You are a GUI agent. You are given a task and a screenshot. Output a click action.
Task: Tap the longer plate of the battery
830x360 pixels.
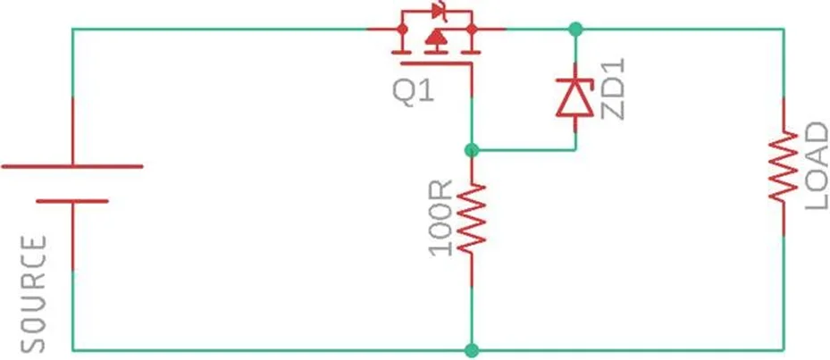[x=72, y=166]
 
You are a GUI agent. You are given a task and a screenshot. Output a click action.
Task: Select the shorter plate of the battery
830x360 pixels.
[x=72, y=201]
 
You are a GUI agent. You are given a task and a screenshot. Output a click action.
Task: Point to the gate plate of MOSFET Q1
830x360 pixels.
[x=436, y=64]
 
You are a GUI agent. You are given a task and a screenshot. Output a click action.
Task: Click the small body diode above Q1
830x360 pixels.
[x=439, y=10]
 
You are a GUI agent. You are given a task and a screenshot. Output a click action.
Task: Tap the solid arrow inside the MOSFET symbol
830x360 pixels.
[x=436, y=37]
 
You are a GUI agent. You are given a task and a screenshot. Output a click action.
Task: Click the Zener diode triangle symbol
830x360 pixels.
[x=575, y=98]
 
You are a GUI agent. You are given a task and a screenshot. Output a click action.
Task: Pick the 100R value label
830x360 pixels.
[x=441, y=218]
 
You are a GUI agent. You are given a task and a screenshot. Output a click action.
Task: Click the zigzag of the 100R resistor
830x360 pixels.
[x=472, y=219]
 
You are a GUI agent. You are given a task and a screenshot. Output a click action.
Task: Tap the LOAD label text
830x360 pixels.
[x=816, y=165]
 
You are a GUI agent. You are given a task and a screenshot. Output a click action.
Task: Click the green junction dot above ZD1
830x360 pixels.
[x=575, y=29]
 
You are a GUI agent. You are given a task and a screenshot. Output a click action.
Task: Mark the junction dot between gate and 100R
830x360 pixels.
[x=472, y=150]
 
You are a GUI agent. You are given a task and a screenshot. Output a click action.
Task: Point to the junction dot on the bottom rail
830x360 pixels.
[x=472, y=350]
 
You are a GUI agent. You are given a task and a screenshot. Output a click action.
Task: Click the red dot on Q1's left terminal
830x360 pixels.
[x=402, y=29]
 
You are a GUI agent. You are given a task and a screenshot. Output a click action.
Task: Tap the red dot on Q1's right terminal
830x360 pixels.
[x=472, y=29]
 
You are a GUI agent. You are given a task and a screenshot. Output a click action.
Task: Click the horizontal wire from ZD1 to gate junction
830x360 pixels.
[x=524, y=150]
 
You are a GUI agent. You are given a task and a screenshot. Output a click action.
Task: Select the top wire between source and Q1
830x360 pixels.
[x=220, y=29]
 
